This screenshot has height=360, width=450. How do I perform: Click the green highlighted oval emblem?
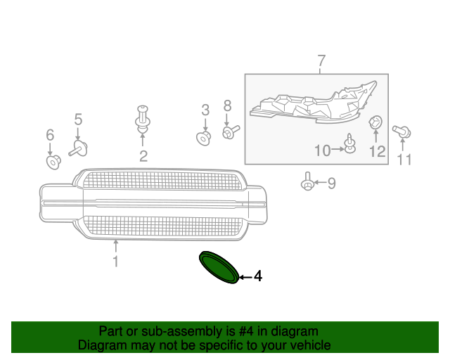pyautogui.click(x=219, y=267)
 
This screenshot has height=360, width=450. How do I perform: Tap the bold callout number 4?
pyautogui.click(x=258, y=276)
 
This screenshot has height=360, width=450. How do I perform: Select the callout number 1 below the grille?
pyautogui.click(x=115, y=262)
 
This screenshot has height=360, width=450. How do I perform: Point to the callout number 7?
pyautogui.click(x=322, y=61)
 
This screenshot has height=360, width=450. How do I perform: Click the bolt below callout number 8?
pyautogui.click(x=231, y=132)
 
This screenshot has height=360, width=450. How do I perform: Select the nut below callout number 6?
pyautogui.click(x=53, y=162)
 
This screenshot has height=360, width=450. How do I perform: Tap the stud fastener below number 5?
pyautogui.click(x=78, y=148)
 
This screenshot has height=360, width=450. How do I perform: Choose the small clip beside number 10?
pyautogui.click(x=350, y=143)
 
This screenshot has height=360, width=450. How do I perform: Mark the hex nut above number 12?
pyautogui.click(x=375, y=122)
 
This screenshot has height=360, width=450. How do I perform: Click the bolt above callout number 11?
pyautogui.click(x=401, y=131)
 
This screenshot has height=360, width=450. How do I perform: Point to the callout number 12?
pyautogui.click(x=377, y=151)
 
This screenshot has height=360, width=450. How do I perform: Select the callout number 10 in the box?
pyautogui.click(x=323, y=150)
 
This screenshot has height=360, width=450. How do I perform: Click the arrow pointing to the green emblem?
pyautogui.click(x=245, y=277)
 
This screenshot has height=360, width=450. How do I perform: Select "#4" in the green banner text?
pyautogui.click(x=246, y=331)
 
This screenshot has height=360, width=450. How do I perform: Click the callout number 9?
pyautogui.click(x=331, y=183)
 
